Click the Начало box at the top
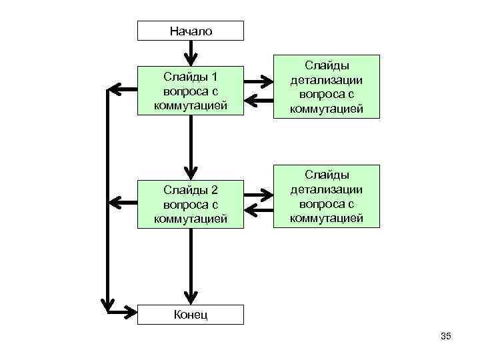coord(190,31)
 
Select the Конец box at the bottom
coord(190,315)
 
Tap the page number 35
coord(446,337)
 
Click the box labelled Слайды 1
coord(190,90)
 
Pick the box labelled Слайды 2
coord(190,204)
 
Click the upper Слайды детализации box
coord(326,87)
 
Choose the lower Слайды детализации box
coord(326,196)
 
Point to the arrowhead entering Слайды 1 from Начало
coord(190,59)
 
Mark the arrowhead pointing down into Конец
coord(190,298)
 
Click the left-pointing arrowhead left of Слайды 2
coord(115,201)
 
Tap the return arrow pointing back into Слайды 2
coord(257,213)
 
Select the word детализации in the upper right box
coord(326,80)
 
